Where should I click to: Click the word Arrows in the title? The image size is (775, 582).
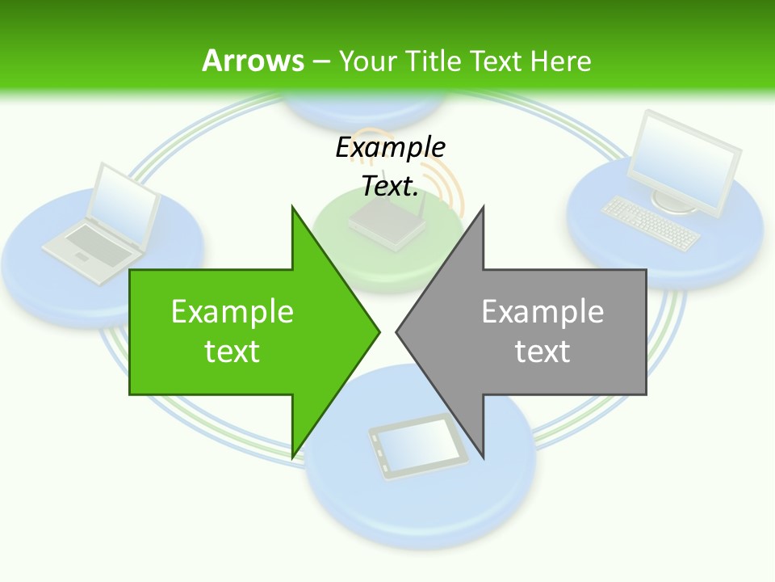point(253,61)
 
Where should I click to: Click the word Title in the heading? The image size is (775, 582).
point(434,61)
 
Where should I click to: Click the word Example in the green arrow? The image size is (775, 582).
point(232,312)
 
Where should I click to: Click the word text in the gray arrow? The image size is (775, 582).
point(542,352)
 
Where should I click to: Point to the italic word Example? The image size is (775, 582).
point(391,147)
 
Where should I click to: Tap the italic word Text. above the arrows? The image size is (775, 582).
point(391,186)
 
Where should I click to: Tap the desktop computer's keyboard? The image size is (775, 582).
point(651,222)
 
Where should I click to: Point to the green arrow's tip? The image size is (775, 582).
point(377,330)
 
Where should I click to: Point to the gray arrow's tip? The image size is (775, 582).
point(399,330)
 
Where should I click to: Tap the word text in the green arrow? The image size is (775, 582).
point(232,352)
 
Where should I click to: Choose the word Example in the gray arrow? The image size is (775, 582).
point(542,312)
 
